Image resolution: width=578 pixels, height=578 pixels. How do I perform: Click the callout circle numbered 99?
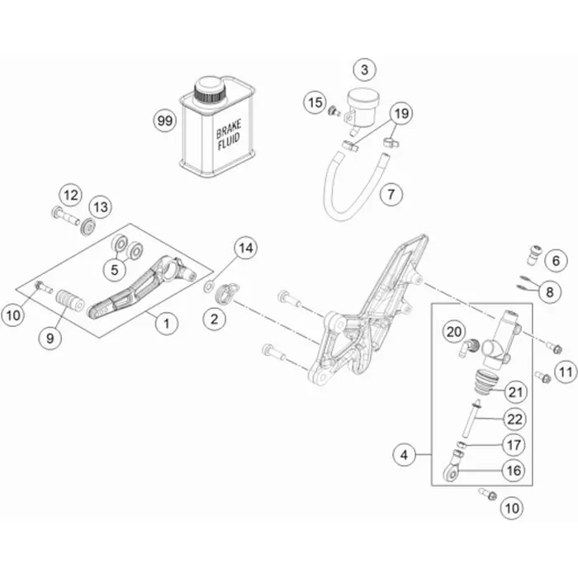click(x=166, y=121)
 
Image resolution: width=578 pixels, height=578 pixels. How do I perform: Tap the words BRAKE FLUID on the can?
click(x=229, y=137)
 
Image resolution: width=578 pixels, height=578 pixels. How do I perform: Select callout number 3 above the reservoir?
click(x=364, y=69)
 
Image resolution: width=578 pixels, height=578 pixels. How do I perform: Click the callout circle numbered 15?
click(x=314, y=103)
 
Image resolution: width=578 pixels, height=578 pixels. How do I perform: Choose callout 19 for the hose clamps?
click(x=400, y=113)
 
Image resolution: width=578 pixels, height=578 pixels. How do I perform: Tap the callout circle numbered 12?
click(x=70, y=196)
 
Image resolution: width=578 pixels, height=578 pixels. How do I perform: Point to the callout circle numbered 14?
click(x=245, y=247)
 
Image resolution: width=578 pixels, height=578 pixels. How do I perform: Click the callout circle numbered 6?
click(x=556, y=260)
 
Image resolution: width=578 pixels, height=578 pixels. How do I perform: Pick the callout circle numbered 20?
click(x=452, y=332)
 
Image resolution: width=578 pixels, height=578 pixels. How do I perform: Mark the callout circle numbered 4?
click(x=405, y=453)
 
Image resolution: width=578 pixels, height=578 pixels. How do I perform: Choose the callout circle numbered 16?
click(x=513, y=471)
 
